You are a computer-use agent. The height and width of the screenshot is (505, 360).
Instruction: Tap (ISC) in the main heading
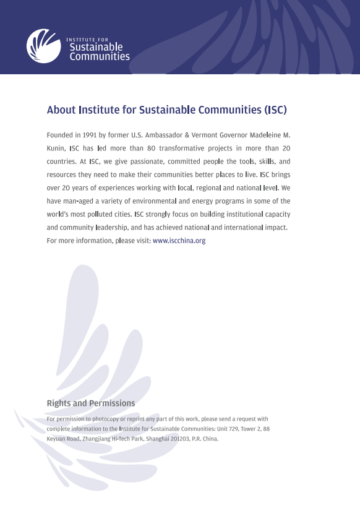point(275,111)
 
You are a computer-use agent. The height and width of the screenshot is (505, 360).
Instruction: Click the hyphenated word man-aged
point(76,202)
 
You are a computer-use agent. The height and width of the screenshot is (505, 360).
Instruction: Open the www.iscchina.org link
point(179,241)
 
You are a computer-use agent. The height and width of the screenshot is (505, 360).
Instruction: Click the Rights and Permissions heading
point(91,404)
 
